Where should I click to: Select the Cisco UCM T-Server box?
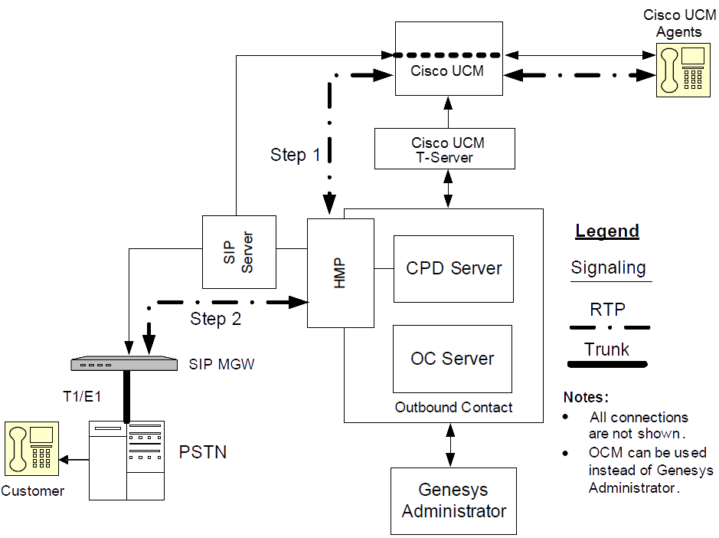(444, 149)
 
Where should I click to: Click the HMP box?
(340, 272)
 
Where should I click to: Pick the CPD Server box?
(453, 268)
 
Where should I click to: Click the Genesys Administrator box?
(453, 500)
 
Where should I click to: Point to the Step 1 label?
(296, 155)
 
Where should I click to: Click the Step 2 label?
(215, 319)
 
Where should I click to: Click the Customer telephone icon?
(31, 447)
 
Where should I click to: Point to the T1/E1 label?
(83, 396)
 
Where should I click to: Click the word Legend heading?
(607, 231)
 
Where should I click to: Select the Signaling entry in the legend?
(609, 268)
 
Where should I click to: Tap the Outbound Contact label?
(453, 408)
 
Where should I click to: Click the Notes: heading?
(586, 397)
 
